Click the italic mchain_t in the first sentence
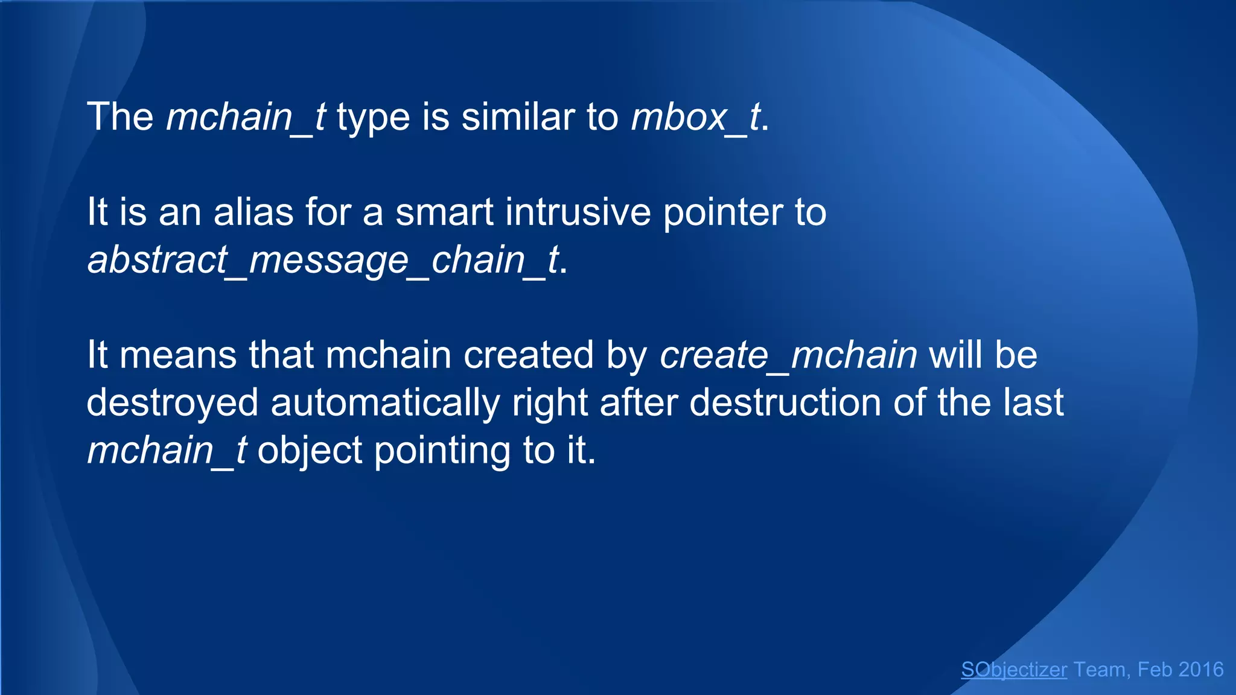click(x=246, y=116)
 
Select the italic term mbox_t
click(x=695, y=116)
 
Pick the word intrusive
click(x=578, y=212)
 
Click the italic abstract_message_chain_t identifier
click(x=323, y=260)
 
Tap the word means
click(x=178, y=355)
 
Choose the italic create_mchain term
click(x=788, y=355)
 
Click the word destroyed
click(x=173, y=403)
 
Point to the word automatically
click(x=385, y=403)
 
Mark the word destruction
click(x=785, y=402)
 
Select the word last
click(x=1033, y=402)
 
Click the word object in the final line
click(x=310, y=451)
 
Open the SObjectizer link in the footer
click(x=1014, y=670)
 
